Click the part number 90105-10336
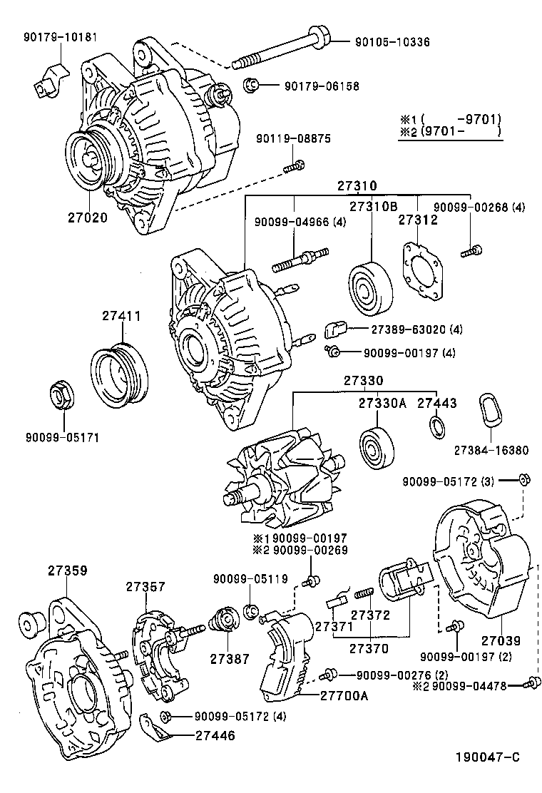pos(392,42)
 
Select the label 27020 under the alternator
pos(88,217)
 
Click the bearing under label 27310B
pos(370,291)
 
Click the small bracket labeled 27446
pos(153,727)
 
